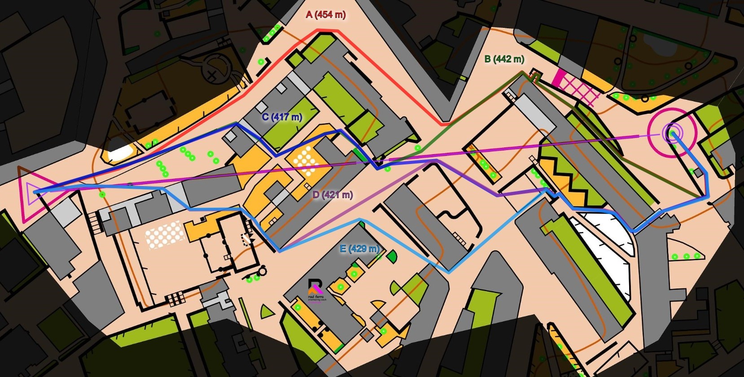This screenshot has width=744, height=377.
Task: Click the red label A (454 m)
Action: [325, 15]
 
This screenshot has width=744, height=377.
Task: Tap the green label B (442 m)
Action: [504, 59]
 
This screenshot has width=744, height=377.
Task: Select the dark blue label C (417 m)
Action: [282, 117]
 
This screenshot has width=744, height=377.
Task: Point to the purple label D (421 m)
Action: [333, 195]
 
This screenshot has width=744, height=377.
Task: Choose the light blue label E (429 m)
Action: [359, 248]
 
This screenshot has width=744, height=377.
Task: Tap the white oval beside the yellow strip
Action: [121, 152]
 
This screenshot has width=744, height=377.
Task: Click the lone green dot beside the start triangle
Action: [103, 194]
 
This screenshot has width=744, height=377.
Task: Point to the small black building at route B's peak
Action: [535, 75]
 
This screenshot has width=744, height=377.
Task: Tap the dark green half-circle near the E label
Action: [392, 257]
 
